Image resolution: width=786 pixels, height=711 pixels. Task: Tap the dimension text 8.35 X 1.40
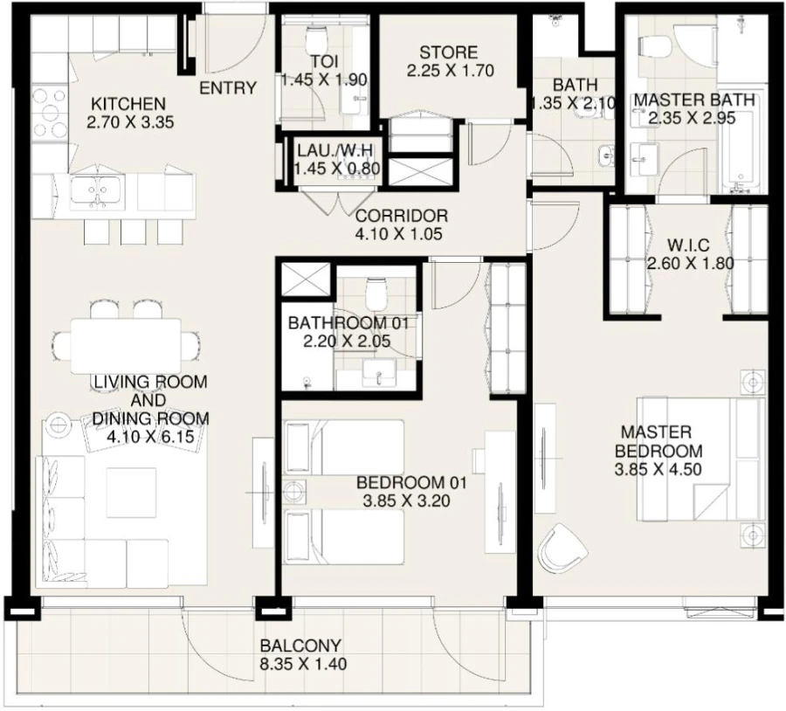pyautogui.click(x=303, y=664)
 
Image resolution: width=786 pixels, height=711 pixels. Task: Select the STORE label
pyautogui.click(x=447, y=52)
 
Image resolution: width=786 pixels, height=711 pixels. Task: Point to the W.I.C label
pyautogui.click(x=689, y=244)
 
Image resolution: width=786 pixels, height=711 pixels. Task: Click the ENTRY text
pyautogui.click(x=228, y=88)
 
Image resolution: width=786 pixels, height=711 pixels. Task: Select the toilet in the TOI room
pyautogui.click(x=316, y=35)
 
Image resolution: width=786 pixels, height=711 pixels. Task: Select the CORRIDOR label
pyautogui.click(x=402, y=215)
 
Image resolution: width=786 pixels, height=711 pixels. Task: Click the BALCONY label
pyautogui.click(x=300, y=645)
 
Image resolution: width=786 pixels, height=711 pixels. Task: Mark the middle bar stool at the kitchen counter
pyautogui.click(x=132, y=231)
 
